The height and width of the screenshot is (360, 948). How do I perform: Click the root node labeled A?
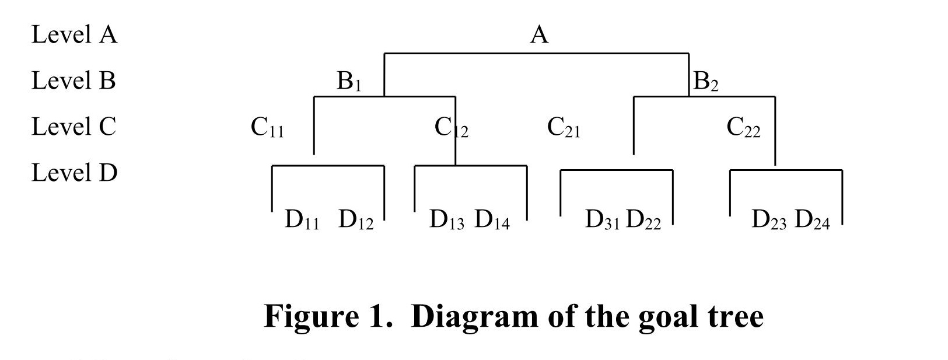point(539,35)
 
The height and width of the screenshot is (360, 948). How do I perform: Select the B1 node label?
point(349,81)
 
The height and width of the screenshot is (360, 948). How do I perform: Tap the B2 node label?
point(705,81)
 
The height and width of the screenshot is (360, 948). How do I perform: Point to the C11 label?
point(267,127)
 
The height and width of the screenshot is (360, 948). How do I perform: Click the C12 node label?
point(451,127)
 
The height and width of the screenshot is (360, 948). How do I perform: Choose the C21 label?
point(564,127)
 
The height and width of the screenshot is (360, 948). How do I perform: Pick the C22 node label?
point(743,127)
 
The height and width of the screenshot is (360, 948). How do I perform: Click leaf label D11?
point(302,220)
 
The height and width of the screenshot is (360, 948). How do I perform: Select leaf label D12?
point(356,220)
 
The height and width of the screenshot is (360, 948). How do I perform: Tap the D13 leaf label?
point(447,220)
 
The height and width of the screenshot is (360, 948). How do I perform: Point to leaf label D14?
point(492,220)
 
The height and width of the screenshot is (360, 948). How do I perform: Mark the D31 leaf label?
point(603,220)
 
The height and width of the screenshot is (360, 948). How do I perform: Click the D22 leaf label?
point(643,220)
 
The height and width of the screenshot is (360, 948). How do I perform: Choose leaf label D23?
point(769,220)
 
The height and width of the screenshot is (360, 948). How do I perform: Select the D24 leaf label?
point(812,220)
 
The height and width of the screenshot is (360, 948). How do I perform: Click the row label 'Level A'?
point(74,35)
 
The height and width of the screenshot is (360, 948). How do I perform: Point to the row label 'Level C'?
point(74,127)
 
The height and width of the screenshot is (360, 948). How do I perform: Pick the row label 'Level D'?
point(74,173)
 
